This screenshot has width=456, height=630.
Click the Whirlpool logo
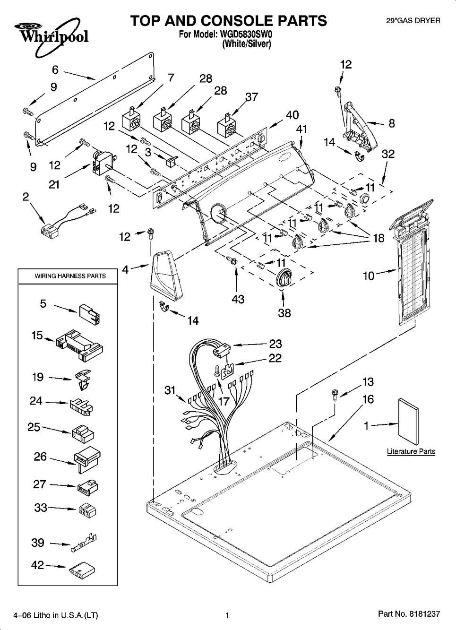47,33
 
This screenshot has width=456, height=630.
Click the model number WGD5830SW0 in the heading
246,35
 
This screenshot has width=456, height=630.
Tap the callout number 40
292,115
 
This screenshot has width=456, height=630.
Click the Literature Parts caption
411,451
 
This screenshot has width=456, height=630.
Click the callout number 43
238,299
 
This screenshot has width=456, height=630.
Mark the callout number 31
170,389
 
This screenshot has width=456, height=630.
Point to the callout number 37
251,96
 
